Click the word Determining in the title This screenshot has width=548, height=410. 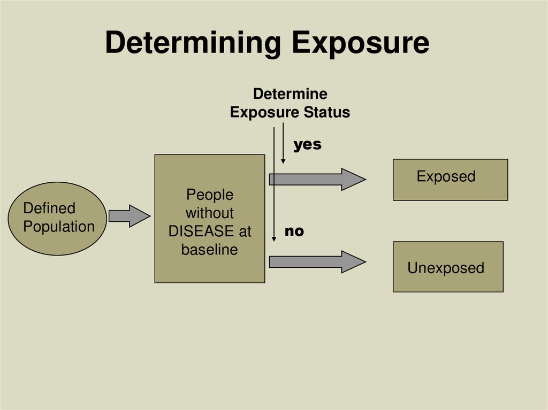pyautogui.click(x=193, y=44)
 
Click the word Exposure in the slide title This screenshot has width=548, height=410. pyautogui.click(x=360, y=44)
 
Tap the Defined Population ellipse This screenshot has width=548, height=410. pyautogui.click(x=58, y=218)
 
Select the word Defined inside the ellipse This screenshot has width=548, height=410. pyautogui.click(x=49, y=208)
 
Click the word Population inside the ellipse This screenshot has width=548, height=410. pyautogui.click(x=59, y=227)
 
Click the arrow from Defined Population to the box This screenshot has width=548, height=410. pyautogui.click(x=129, y=216)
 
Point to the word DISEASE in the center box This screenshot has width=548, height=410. pyautogui.click(x=201, y=231)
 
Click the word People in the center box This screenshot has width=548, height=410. pyautogui.click(x=209, y=195)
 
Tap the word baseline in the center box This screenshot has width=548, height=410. pyautogui.click(x=209, y=250)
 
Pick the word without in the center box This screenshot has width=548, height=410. pyautogui.click(x=209, y=213)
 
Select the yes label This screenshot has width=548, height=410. pyautogui.click(x=307, y=144)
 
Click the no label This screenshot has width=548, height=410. pyautogui.click(x=294, y=231)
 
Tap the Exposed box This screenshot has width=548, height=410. pyautogui.click(x=450, y=180)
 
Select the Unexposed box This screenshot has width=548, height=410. pyautogui.click(x=448, y=267)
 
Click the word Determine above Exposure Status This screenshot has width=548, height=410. pyautogui.click(x=290, y=94)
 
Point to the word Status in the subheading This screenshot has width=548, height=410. pyautogui.click(x=327, y=113)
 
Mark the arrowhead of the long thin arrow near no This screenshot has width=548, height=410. pyautogui.click(x=274, y=238)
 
